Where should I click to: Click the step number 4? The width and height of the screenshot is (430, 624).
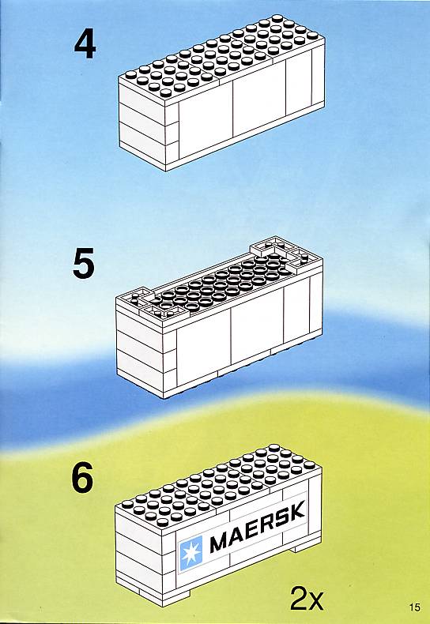click(85, 45)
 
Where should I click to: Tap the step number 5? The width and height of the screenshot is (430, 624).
click(84, 263)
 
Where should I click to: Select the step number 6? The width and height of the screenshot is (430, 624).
click(82, 478)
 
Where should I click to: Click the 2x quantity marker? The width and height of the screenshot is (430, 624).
click(307, 597)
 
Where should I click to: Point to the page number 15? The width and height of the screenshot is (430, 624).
click(414, 607)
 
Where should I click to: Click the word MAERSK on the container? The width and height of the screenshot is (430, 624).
click(257, 526)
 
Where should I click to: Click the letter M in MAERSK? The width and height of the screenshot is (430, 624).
click(220, 541)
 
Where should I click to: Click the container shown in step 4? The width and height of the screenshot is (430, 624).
click(221, 93)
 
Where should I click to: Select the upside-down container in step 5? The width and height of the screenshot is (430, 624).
click(220, 318)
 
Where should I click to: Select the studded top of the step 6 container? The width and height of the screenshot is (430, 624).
click(218, 483)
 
